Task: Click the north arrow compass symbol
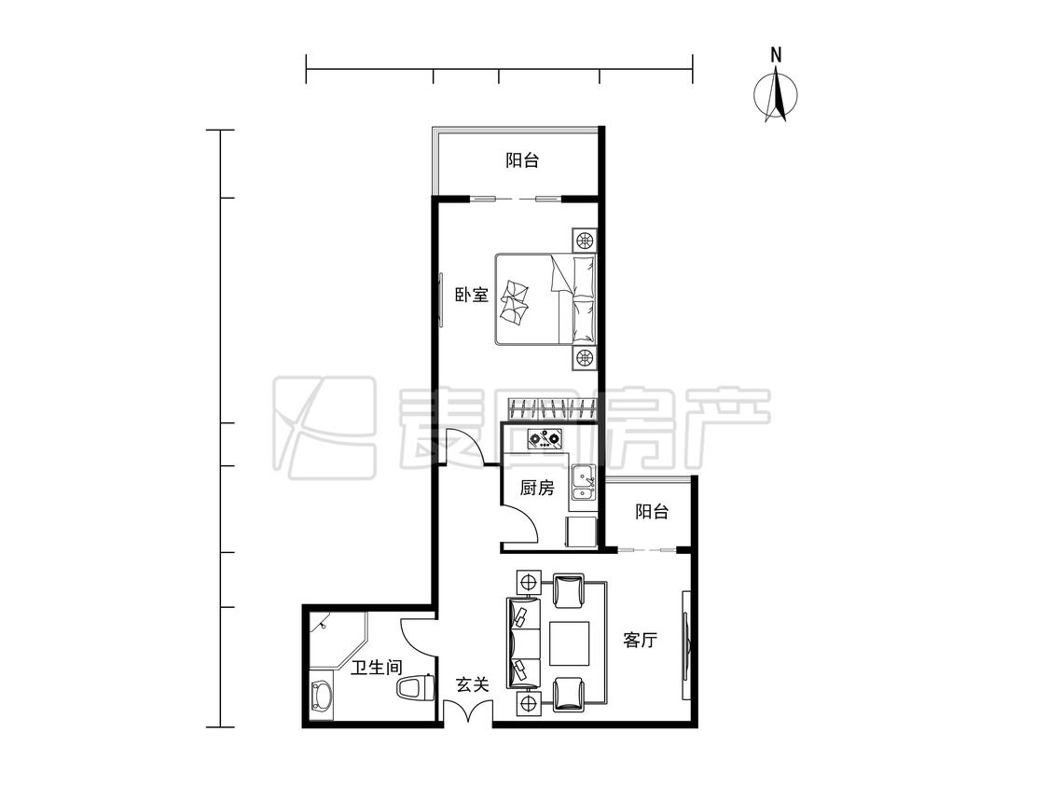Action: [x=776, y=90]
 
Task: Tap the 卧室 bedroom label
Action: [x=473, y=295]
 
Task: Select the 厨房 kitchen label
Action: [x=537, y=488]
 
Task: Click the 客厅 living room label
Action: [x=641, y=641]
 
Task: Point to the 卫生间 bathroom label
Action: [x=377, y=668]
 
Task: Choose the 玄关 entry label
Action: [x=473, y=684]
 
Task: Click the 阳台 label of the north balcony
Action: [x=522, y=160]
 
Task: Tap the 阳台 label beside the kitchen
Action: [x=652, y=513]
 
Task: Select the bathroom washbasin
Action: [x=323, y=700]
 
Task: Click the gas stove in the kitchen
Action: [x=544, y=439]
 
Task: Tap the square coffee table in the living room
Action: [x=570, y=643]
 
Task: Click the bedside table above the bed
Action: [x=584, y=241]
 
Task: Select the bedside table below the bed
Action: [x=584, y=358]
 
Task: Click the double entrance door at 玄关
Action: [x=468, y=711]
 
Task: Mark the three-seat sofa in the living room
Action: [x=524, y=642]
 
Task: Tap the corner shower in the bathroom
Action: [x=338, y=640]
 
